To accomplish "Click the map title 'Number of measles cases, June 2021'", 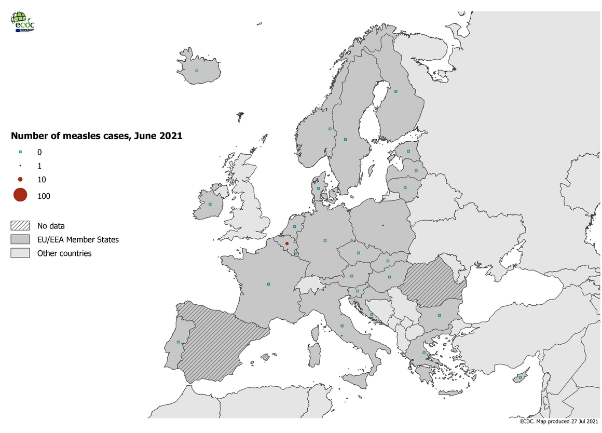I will coord(97,136).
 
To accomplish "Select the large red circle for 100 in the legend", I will coord(20,195).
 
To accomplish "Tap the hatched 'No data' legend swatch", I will coord(20,226).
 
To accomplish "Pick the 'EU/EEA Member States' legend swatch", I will coord(20,239).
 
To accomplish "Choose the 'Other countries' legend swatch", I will coord(20,253).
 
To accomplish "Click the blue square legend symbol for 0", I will coord(20,152).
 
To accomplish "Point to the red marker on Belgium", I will coord(286,243).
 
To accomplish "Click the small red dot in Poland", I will coord(382,225).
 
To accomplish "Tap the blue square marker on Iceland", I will coord(197,71).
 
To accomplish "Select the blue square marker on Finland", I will coord(395,91).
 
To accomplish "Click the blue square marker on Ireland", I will coord(210,204).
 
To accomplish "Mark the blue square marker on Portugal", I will coord(178,342).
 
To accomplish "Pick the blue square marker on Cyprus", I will coord(520,377).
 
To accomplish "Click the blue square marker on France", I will coord(268,284).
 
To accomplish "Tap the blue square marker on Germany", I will coord(325,240).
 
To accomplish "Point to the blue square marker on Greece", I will coord(424,353).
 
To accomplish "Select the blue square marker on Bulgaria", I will coord(439,315).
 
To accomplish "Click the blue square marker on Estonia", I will coord(408,151).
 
